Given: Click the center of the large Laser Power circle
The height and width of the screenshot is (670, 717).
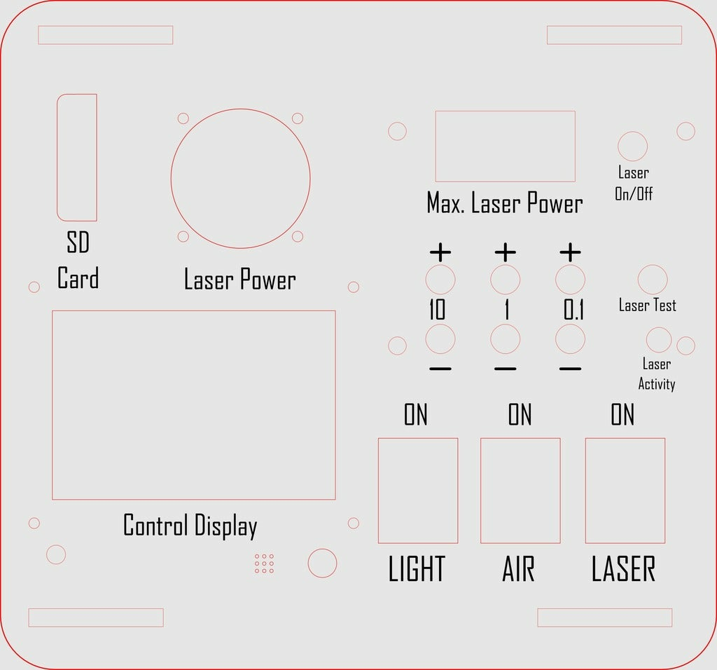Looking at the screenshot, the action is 241,179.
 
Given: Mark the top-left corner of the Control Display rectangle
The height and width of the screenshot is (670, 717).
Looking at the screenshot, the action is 52,310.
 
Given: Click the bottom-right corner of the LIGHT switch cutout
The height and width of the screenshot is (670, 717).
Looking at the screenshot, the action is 458,543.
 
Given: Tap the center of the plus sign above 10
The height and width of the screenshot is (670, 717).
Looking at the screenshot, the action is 440,252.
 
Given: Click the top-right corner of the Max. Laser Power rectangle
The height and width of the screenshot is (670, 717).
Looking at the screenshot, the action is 576,111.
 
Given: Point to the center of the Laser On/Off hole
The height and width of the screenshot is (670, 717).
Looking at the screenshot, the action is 633,146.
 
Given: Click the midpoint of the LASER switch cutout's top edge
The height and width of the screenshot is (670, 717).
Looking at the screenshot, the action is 625,438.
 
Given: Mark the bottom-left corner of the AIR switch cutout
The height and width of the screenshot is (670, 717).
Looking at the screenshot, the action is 480,543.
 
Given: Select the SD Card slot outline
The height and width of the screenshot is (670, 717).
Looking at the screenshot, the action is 77,158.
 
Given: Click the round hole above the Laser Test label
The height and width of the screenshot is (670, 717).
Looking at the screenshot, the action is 653,280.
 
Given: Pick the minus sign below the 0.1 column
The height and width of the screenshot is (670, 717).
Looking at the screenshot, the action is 570,369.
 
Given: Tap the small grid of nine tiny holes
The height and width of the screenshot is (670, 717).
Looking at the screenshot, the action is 264,563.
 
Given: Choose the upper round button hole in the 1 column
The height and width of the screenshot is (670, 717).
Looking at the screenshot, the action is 506,280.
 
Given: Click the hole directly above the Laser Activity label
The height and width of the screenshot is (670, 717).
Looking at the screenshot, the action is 659,340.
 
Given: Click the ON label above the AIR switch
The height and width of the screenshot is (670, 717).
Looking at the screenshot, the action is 520,415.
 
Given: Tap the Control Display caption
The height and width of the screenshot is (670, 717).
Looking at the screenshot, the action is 190,526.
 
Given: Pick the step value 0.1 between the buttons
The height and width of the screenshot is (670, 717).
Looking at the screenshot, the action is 573,310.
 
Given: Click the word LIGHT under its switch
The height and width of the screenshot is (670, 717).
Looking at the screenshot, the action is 417,569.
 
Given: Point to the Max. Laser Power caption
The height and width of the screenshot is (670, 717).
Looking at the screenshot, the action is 505,203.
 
